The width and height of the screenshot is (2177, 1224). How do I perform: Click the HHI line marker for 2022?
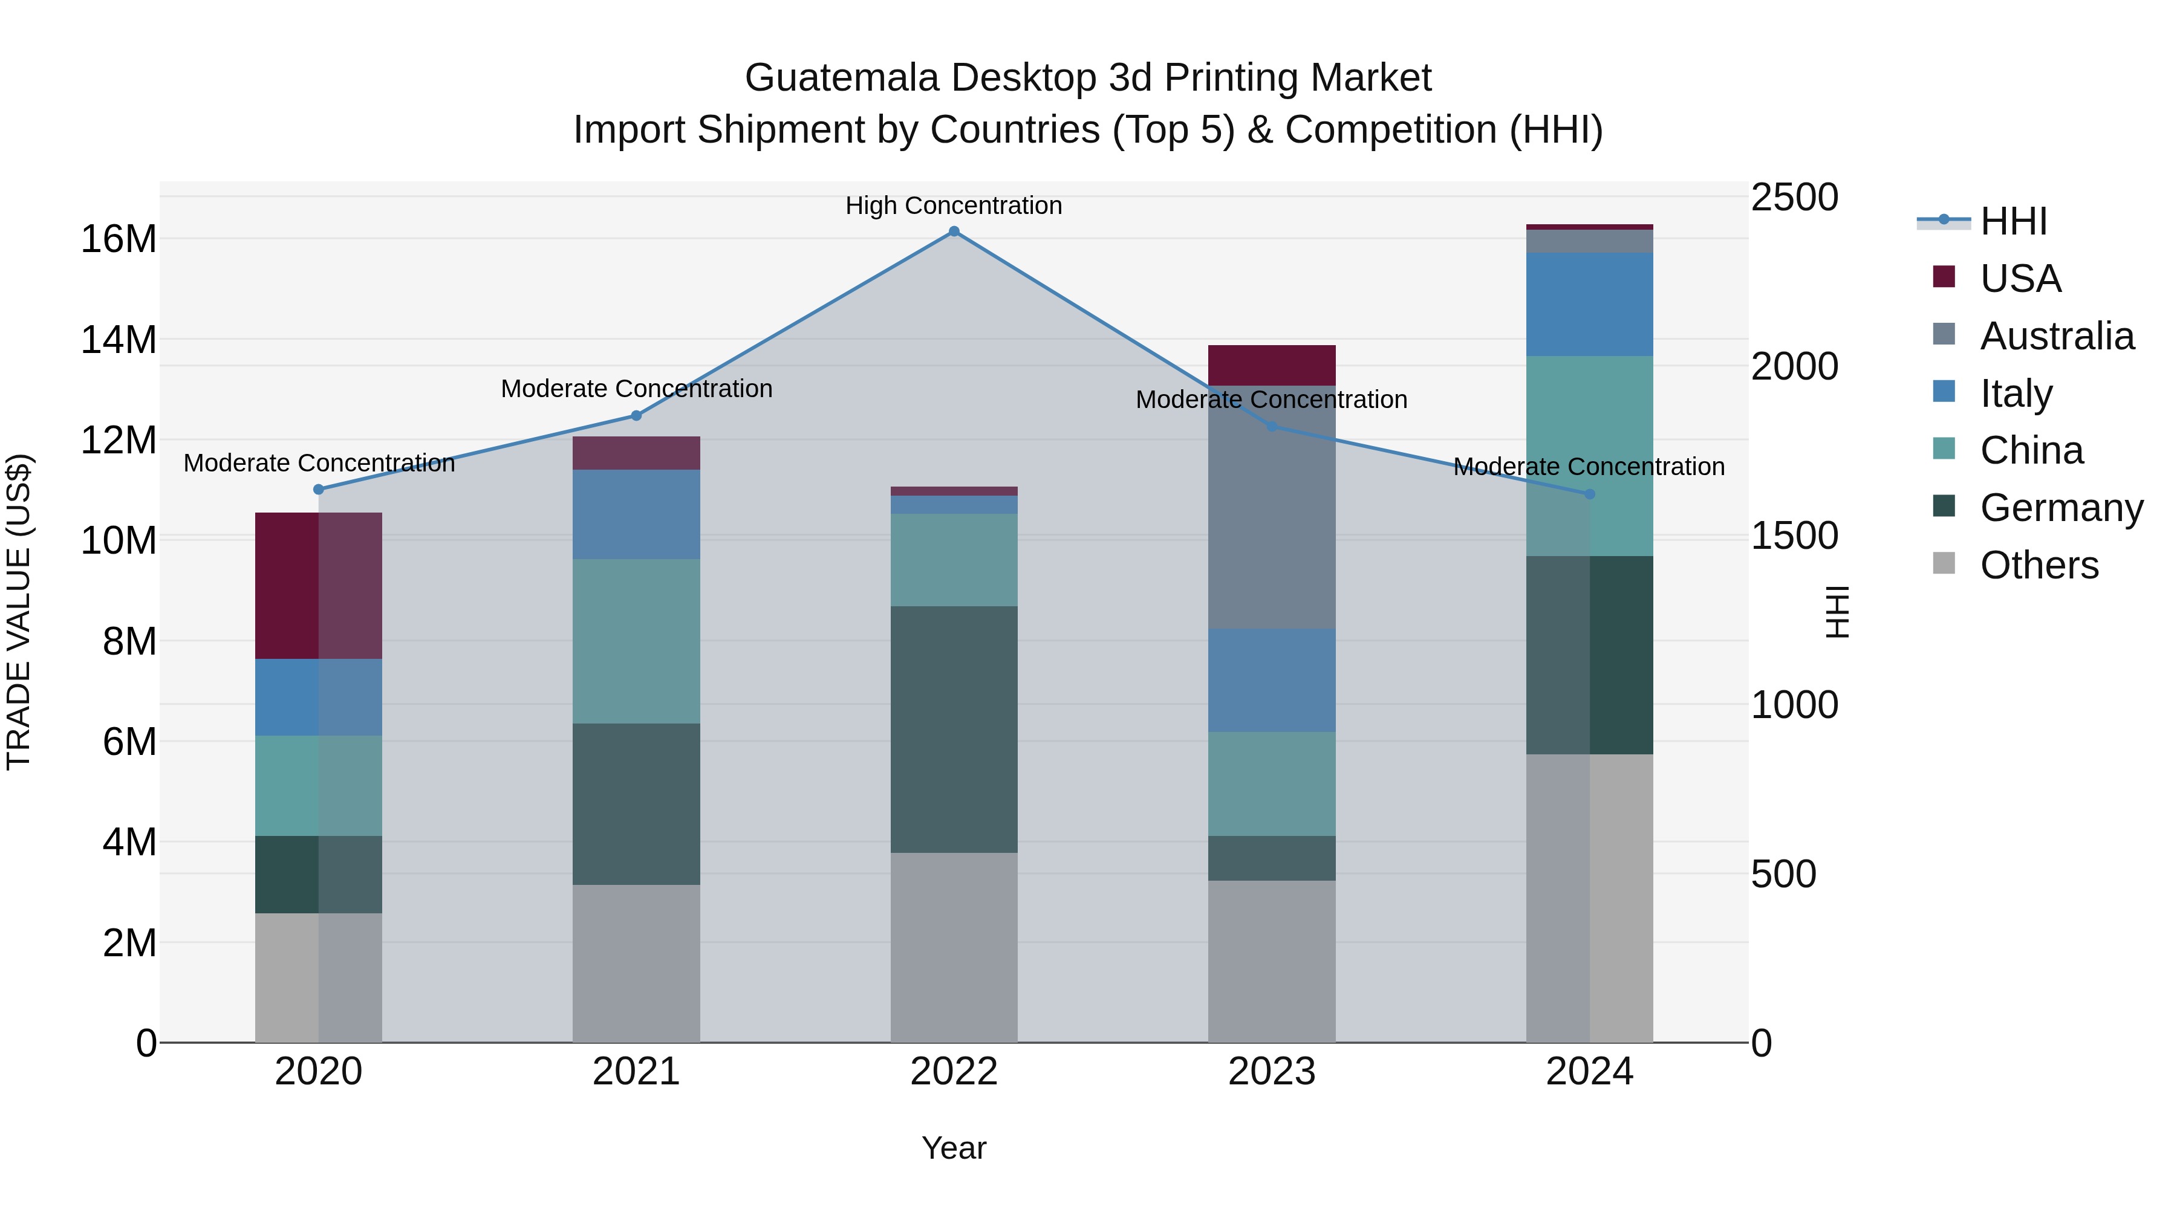(x=954, y=232)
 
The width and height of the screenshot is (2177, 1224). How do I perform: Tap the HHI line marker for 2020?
(x=319, y=489)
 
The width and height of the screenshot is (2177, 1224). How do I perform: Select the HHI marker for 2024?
(x=1590, y=494)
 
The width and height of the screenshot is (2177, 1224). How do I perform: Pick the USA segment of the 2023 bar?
(x=1271, y=365)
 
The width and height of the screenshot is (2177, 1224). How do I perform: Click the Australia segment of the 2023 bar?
(x=1271, y=507)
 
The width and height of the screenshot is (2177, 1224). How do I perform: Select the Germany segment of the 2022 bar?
(x=954, y=728)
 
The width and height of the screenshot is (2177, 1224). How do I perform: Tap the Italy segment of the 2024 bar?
(x=1590, y=304)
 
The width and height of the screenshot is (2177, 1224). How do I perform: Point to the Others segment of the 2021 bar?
(x=636, y=963)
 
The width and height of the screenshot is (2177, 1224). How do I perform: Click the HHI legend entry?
(x=2013, y=221)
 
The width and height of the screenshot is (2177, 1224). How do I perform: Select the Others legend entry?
(x=2039, y=565)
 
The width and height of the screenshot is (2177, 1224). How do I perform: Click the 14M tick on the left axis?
(x=119, y=340)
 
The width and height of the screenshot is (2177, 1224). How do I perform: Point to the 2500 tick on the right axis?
(x=1794, y=198)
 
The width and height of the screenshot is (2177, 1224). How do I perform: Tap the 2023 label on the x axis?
(x=1271, y=1072)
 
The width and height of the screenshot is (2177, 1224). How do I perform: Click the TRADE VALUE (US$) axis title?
(x=19, y=612)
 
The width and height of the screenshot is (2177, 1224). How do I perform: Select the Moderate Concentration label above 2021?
(x=636, y=389)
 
